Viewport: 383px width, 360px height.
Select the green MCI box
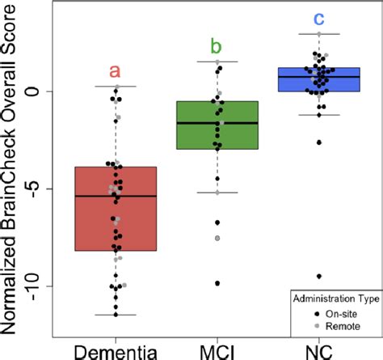pyautogui.click(x=217, y=125)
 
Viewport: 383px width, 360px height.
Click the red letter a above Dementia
pyautogui.click(x=116, y=73)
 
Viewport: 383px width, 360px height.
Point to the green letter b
pyautogui.click(x=217, y=45)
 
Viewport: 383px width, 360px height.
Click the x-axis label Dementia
pyautogui.click(x=116, y=349)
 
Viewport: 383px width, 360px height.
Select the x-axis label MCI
pyautogui.click(x=217, y=349)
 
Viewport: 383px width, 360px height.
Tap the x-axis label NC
pyautogui.click(x=318, y=349)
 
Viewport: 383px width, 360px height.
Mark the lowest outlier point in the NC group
pyautogui.click(x=318, y=277)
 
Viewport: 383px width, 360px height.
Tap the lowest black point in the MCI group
pyautogui.click(x=217, y=283)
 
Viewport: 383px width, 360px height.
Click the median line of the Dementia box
pyautogui.click(x=116, y=197)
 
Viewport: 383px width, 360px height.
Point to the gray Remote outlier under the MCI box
pyautogui.click(x=217, y=238)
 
